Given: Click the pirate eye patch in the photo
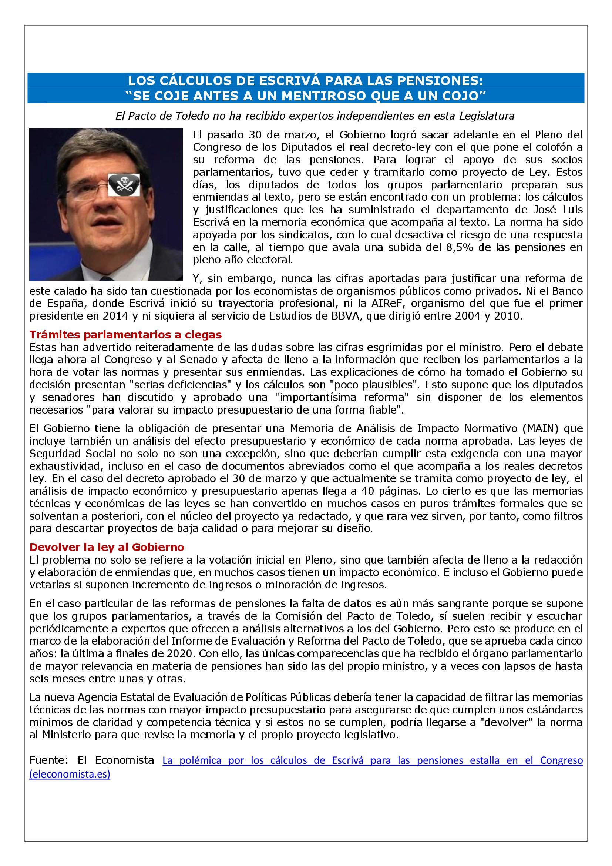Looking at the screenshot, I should point(124,185).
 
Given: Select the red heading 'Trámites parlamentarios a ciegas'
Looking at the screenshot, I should point(125,334).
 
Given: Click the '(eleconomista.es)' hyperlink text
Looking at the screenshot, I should point(70,774).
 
